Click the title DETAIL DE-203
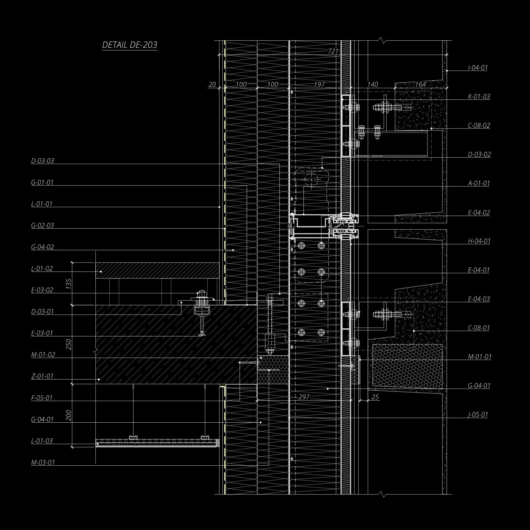point(130,45)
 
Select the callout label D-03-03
point(42,161)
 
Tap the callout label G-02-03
point(42,225)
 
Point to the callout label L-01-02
point(42,268)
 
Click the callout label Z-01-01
point(42,376)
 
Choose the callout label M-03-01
point(43,462)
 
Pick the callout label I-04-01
point(478,68)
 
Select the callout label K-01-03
point(479,96)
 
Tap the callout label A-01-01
point(479,183)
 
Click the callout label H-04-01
point(479,241)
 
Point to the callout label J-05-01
point(478,414)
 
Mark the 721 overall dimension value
point(333,51)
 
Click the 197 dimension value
point(319,84)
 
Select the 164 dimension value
point(420,84)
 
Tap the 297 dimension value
point(304,397)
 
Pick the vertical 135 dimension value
point(69,284)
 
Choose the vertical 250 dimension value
point(69,344)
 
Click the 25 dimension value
point(375,397)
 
